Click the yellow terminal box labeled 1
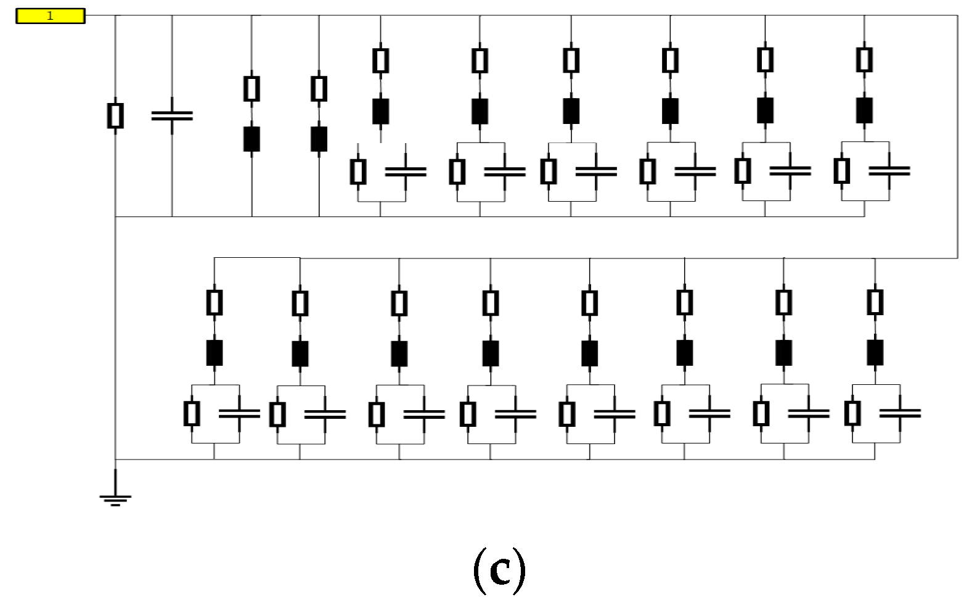[50, 16]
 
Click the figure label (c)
[499, 570]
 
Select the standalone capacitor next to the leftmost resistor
[172, 115]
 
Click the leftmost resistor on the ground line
[115, 115]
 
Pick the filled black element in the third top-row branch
[251, 139]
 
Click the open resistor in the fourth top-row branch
[319, 89]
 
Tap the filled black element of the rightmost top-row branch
[864, 110]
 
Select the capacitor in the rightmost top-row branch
[889, 171]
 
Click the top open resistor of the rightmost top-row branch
[864, 60]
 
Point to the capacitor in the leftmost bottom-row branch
[239, 413]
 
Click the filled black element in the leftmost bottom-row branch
[214, 353]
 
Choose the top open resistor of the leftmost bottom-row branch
[214, 302]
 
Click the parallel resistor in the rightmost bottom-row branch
[852, 413]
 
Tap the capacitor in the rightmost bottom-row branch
[900, 413]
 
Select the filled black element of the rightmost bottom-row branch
[875, 352]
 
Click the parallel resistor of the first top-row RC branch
[358, 171]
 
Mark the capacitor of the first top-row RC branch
[406, 171]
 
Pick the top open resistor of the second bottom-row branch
[300, 303]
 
